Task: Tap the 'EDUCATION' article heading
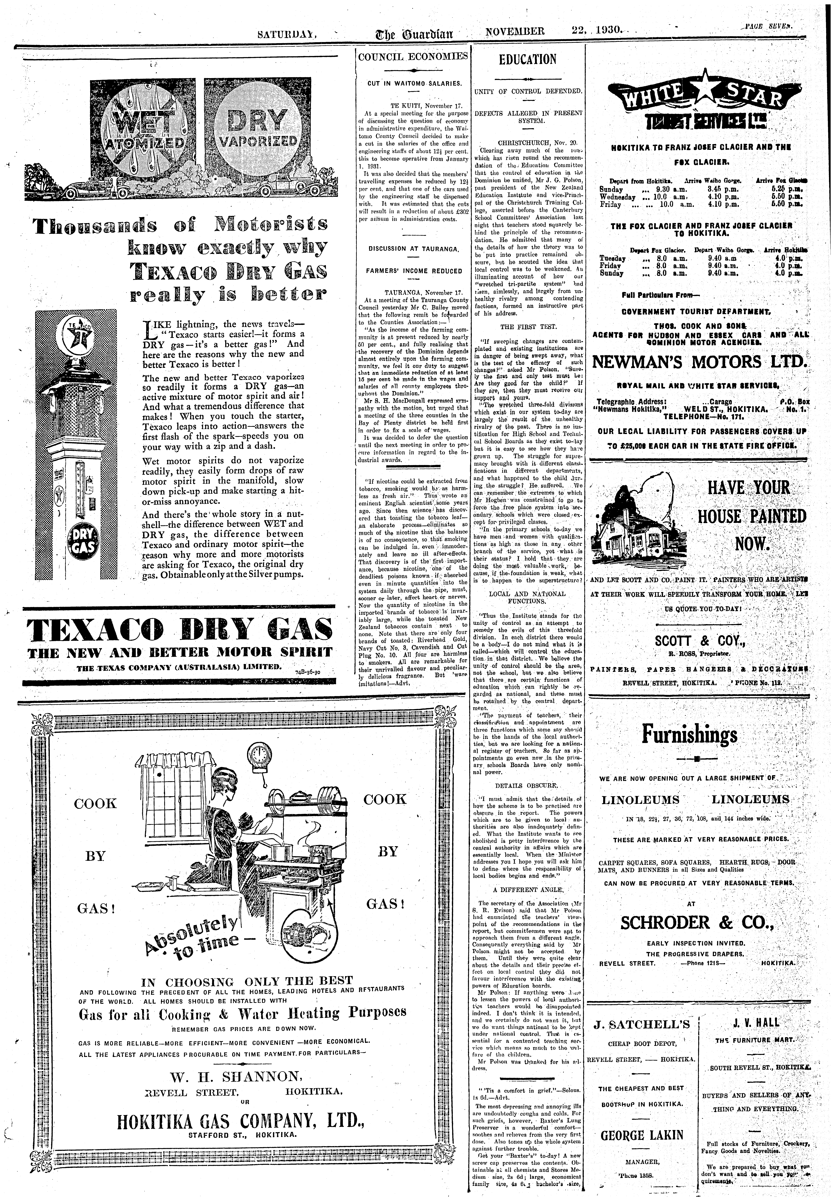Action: coord(528,59)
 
